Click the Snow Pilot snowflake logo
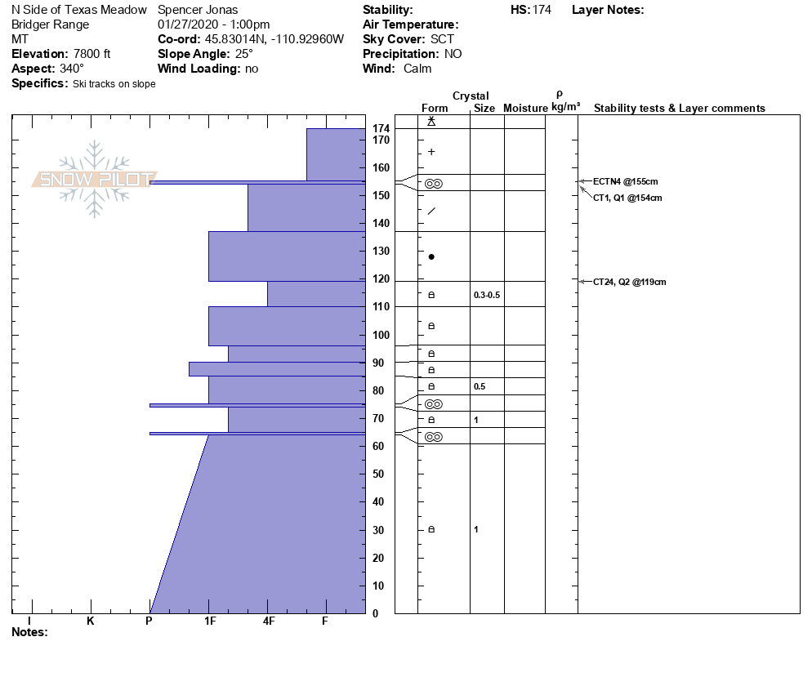tap(95, 179)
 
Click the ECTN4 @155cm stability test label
tap(625, 181)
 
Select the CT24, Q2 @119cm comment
tap(629, 282)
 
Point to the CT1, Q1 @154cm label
tap(627, 198)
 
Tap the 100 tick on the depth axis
tap(380, 335)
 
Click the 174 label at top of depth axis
tap(381, 129)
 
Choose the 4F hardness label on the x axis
tap(268, 621)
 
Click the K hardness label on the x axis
tap(90, 621)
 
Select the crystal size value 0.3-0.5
tap(486, 295)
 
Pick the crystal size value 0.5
tap(480, 386)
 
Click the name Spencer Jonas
tap(198, 10)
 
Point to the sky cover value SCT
tap(444, 39)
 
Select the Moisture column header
tap(525, 109)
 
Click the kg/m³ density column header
tap(565, 107)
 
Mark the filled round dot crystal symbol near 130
tap(431, 256)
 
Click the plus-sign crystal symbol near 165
tap(431, 152)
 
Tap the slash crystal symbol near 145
tap(431, 212)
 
